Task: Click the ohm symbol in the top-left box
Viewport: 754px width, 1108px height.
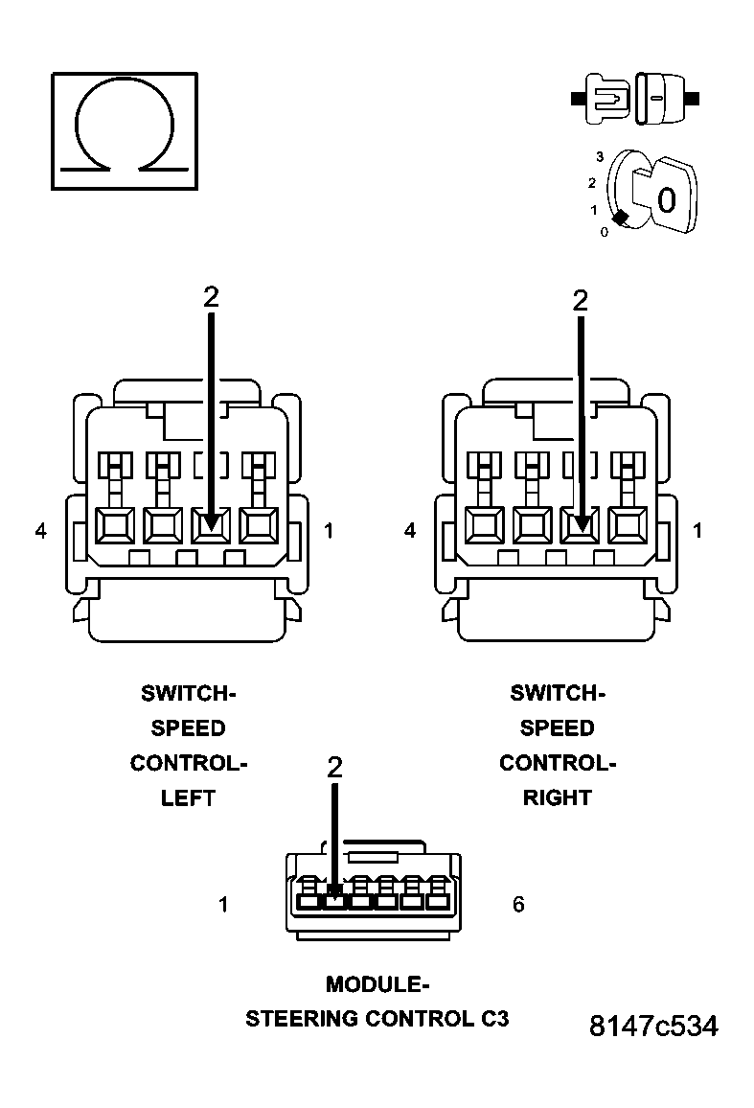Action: coord(125,129)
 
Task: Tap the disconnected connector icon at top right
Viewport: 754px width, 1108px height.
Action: coord(634,98)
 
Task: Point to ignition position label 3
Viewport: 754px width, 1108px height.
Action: coord(599,156)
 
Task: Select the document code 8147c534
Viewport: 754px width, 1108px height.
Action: coord(652,1027)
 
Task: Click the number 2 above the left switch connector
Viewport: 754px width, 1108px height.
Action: coord(211,297)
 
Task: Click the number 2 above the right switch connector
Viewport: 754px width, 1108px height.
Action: coord(581,300)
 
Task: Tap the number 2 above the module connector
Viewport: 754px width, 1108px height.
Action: coord(334,767)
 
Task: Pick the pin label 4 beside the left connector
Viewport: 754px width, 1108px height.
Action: coord(41,530)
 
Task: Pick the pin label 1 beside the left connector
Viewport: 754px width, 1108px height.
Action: coord(329,530)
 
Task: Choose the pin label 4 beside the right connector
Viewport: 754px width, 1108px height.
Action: coord(411,530)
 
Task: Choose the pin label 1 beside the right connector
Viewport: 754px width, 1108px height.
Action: coord(697,530)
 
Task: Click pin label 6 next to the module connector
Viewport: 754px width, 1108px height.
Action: coord(518,904)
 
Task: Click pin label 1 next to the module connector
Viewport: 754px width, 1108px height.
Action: coord(223,904)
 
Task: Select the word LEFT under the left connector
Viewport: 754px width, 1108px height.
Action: coord(188,797)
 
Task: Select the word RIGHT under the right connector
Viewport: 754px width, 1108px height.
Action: coord(558,797)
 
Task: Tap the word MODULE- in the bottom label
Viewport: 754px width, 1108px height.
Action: coord(377,984)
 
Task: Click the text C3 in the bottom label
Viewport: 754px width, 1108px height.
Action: coord(494,1019)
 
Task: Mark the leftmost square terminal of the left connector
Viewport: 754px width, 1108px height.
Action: coord(115,525)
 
